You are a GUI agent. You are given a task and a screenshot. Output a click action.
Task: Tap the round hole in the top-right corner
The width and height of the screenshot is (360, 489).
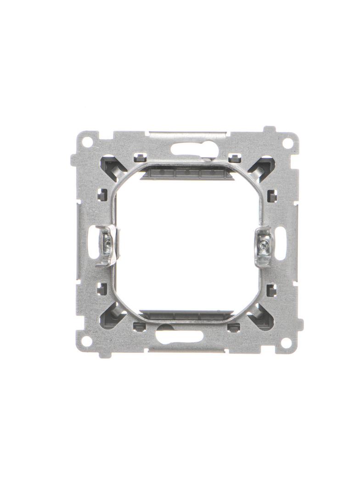click(x=287, y=143)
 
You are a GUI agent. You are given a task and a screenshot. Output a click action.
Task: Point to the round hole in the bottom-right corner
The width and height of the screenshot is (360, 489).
click(x=286, y=342)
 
